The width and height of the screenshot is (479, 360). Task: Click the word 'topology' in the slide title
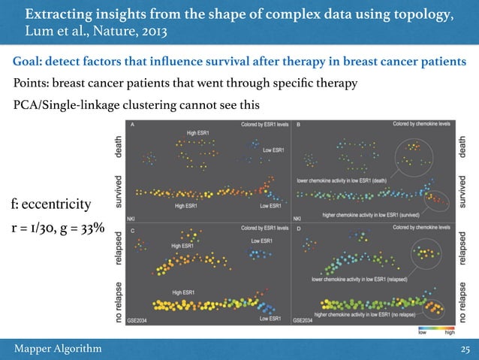[x=422, y=14]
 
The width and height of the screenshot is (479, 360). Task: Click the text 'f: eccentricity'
[x=50, y=204]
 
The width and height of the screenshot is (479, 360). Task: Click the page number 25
[x=464, y=349]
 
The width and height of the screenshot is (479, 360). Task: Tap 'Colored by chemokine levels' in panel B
[x=422, y=125]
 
